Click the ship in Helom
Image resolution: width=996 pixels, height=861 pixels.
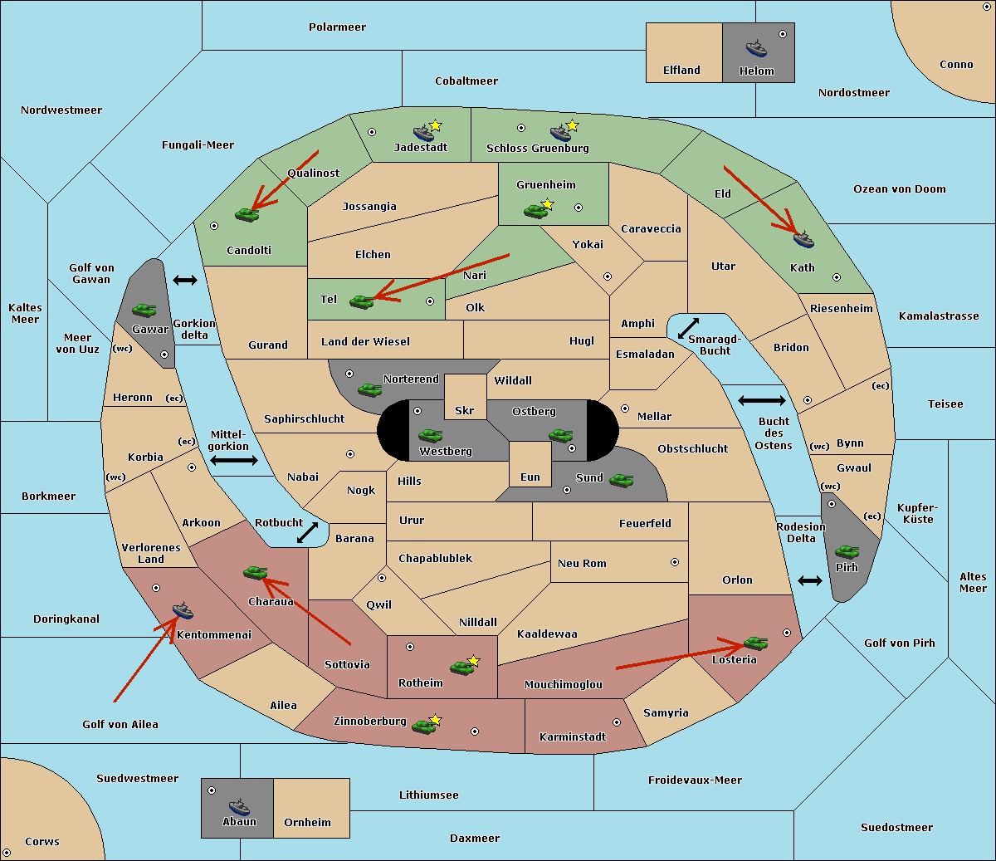pyautogui.click(x=756, y=48)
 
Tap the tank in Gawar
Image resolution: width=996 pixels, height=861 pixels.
pyautogui.click(x=144, y=310)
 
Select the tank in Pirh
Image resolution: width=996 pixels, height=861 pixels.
pyautogui.click(x=847, y=551)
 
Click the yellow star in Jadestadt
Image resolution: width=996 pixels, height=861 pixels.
pyautogui.click(x=435, y=125)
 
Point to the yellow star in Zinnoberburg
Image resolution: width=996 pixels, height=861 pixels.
pyautogui.click(x=435, y=720)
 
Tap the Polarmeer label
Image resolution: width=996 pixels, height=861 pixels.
pyautogui.click(x=337, y=27)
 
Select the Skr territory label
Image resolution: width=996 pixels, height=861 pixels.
pyautogui.click(x=465, y=410)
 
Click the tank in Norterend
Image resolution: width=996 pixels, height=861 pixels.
pyautogui.click(x=369, y=389)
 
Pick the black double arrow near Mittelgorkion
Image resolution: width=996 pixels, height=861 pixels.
pyautogui.click(x=234, y=461)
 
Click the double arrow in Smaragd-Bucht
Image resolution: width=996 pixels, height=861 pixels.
pyautogui.click(x=688, y=328)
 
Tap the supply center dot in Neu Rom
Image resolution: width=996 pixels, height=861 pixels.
pyautogui.click(x=675, y=562)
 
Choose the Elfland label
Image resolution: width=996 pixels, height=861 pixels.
pyautogui.click(x=681, y=71)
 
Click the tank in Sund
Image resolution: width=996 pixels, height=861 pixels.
pyautogui.click(x=621, y=480)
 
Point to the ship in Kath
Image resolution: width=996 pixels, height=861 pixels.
pyautogui.click(x=803, y=239)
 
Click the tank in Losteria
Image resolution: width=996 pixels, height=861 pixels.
pyautogui.click(x=755, y=643)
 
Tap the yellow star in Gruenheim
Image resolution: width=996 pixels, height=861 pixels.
pyautogui.click(x=547, y=204)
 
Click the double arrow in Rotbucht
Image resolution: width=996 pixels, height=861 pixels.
pyautogui.click(x=307, y=532)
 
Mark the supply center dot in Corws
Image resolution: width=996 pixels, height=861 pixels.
pyautogui.click(x=7, y=853)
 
